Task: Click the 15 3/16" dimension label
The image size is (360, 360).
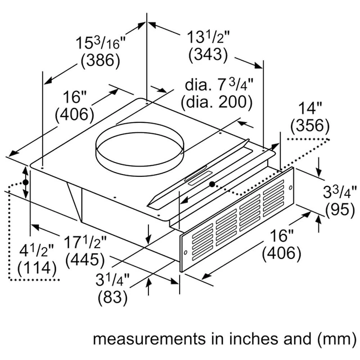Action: click(x=100, y=42)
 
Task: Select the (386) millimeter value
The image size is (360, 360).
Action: click(x=100, y=60)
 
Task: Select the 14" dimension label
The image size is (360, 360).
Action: click(x=310, y=108)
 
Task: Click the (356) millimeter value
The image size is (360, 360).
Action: click(x=310, y=126)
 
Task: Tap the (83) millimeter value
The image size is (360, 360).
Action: click(x=113, y=297)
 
